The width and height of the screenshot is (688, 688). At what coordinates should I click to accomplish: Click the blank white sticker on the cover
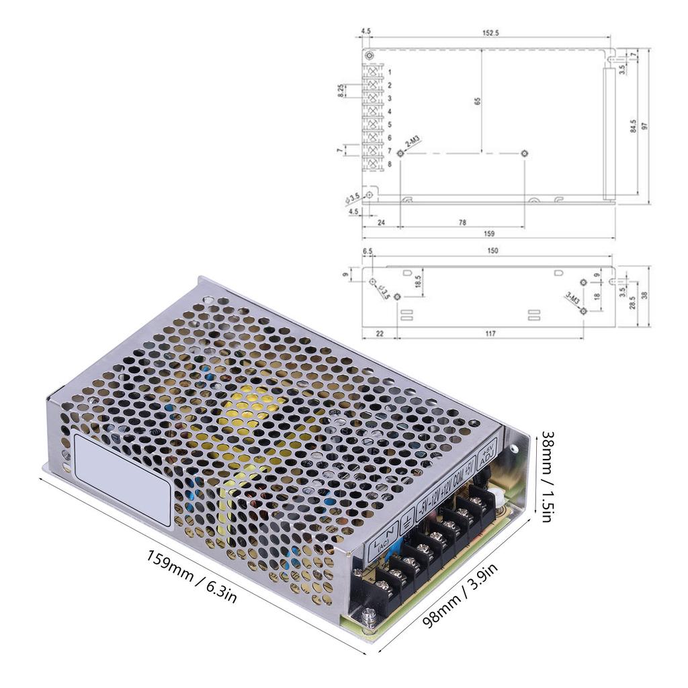(122, 479)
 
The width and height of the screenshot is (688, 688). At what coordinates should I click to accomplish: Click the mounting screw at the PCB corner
(368, 614)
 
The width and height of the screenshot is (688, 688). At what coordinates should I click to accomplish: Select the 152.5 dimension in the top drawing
(490, 32)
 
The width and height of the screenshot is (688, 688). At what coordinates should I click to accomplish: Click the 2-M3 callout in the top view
(412, 142)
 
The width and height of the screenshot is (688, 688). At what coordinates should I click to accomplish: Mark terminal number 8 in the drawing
(389, 164)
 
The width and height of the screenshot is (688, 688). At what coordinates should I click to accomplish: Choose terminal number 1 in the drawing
(389, 71)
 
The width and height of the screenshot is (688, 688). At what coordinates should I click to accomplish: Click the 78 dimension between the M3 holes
(462, 222)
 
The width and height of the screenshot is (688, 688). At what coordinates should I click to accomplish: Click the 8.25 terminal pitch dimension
(341, 91)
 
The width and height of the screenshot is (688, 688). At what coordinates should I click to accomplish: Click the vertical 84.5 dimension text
(633, 126)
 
